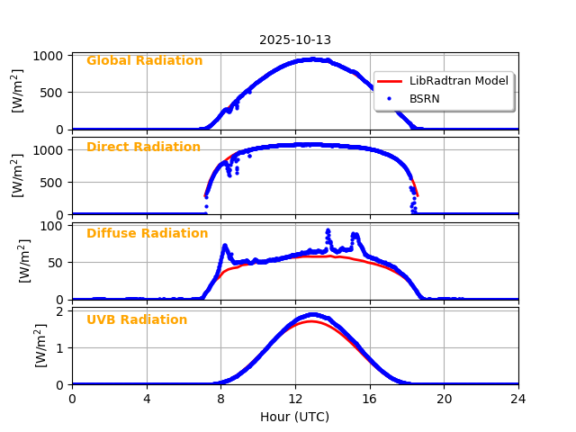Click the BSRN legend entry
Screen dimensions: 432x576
[424, 98]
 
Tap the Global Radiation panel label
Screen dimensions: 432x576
[144, 61]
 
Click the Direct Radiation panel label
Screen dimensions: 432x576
[143, 148]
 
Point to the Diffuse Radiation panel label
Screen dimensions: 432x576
[147, 234]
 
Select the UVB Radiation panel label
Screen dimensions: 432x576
[137, 320]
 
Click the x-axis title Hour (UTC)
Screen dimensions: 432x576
[294, 417]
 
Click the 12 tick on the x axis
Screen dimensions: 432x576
[295, 398]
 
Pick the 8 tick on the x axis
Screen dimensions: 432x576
[220, 398]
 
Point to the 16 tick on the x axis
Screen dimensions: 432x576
[370, 398]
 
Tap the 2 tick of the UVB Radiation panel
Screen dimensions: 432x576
[61, 312]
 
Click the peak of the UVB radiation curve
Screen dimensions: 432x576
[311, 315]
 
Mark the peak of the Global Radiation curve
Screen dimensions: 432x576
[310, 59]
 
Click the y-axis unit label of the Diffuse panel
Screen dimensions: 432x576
[24, 261]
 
